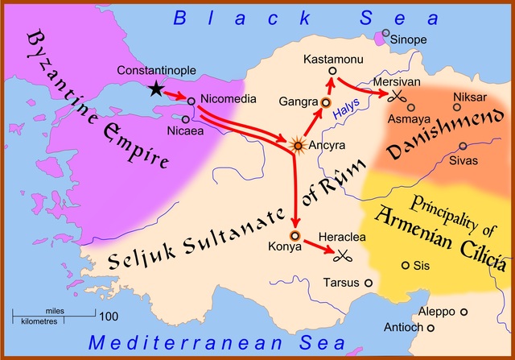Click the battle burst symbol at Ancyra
click(x=299, y=146)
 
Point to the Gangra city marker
click(x=326, y=103)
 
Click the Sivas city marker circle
click(x=463, y=146)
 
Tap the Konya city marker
click(x=295, y=236)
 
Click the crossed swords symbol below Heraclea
click(x=344, y=255)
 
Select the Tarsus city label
click(x=341, y=283)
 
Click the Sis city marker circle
click(x=405, y=265)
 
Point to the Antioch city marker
click(x=431, y=328)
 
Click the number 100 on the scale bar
click(x=109, y=315)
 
